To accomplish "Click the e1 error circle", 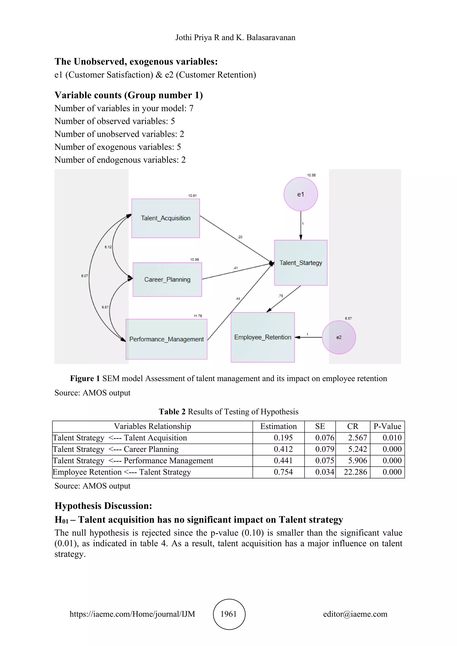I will point(301,194).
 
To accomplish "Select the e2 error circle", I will point(339,337).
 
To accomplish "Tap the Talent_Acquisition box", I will point(166,218).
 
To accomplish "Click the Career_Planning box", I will point(167,279).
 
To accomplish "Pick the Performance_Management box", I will point(166,339).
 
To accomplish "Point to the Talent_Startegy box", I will point(301,263).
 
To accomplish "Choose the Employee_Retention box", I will point(263,337).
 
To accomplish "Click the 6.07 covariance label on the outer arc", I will point(84,276).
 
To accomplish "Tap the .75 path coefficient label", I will point(280,296).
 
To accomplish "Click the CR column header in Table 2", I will point(353,426).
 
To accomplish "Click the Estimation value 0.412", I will point(283,449).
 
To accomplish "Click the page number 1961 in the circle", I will point(229,614).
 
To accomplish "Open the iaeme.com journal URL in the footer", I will point(132,614).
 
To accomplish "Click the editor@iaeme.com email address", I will point(355,614).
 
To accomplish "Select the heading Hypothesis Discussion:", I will point(103,506).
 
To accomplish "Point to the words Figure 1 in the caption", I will point(85,378).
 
